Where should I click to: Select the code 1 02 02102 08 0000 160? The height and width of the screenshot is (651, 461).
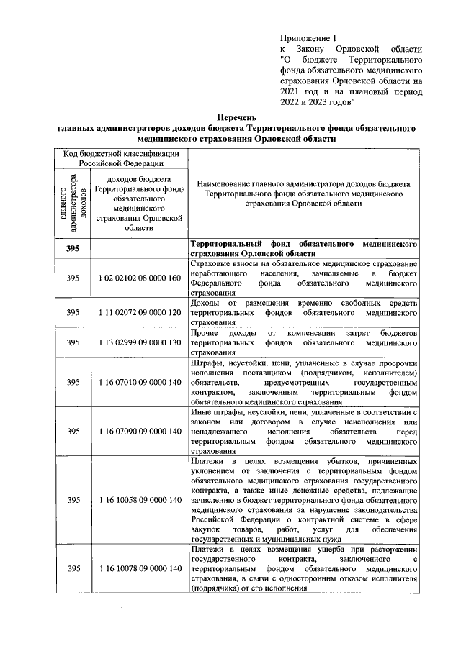(139, 278)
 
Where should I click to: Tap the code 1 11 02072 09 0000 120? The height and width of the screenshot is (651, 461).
(139, 313)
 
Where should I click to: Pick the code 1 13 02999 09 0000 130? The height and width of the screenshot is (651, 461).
(139, 343)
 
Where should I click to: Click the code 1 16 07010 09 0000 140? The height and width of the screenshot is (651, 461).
(139, 383)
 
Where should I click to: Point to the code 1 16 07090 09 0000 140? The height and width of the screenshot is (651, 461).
(139, 432)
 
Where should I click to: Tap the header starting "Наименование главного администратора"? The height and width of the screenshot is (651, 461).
(303, 194)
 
